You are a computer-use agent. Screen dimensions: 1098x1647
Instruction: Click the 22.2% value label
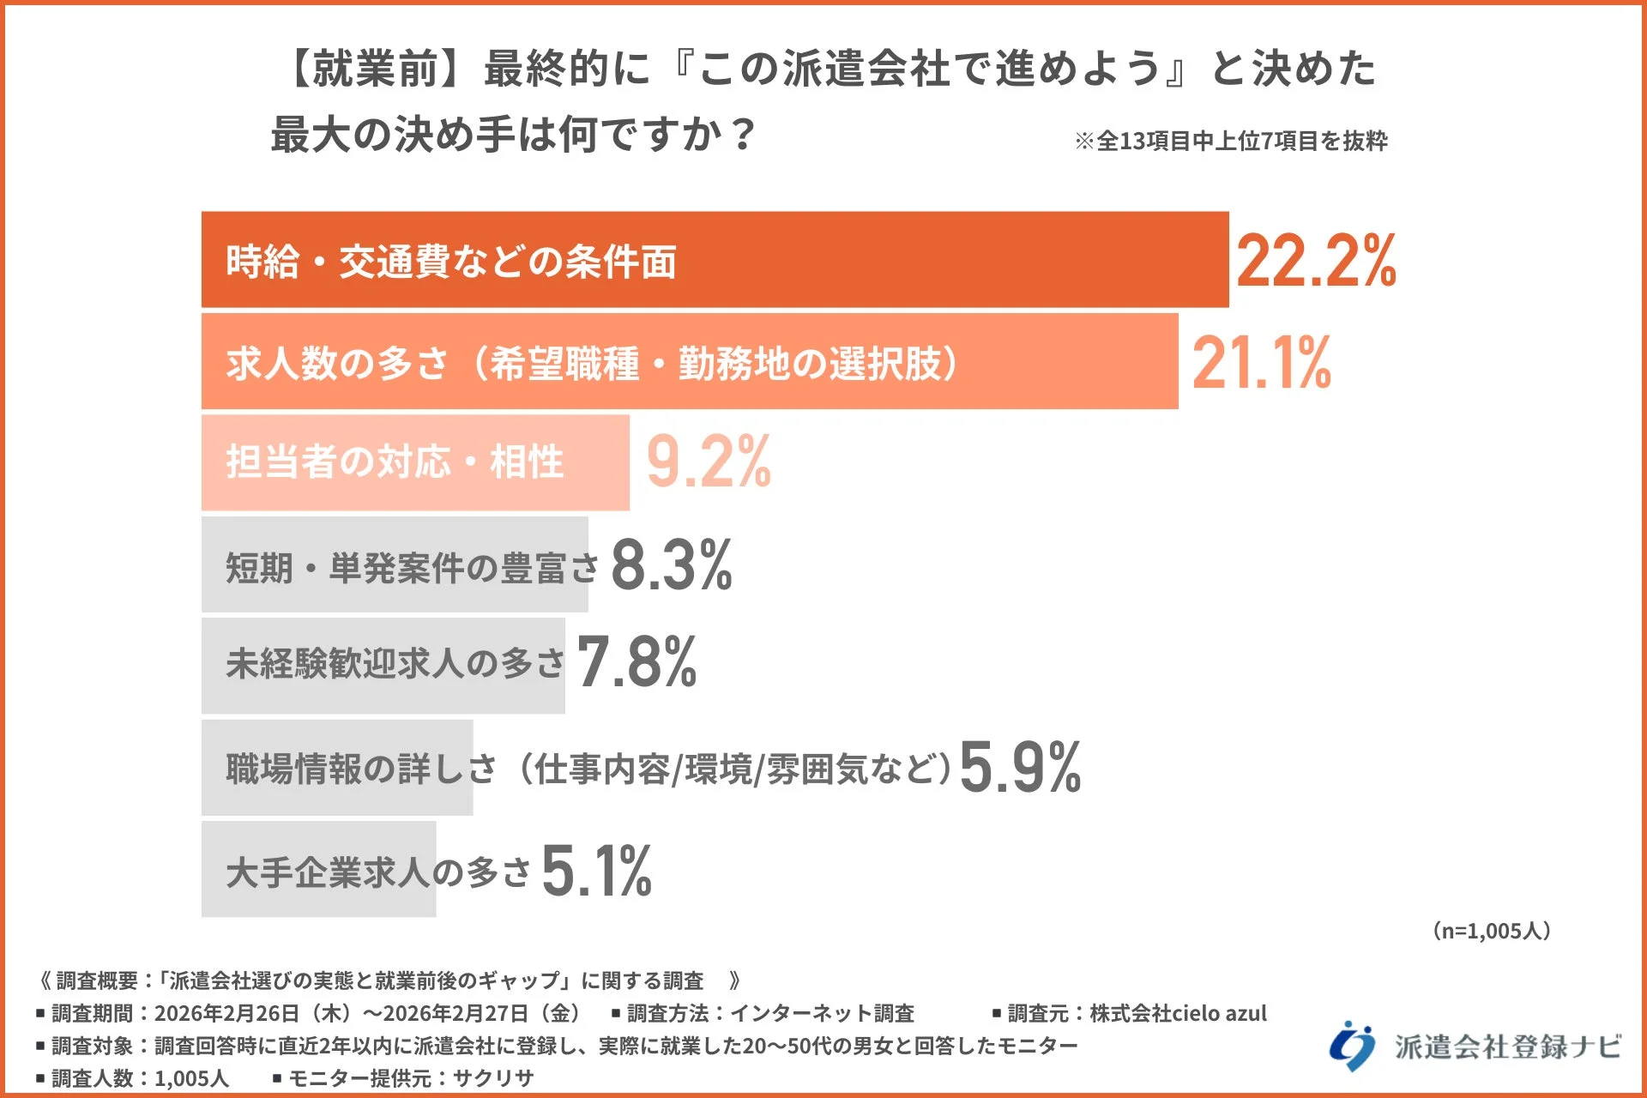[x=1316, y=261]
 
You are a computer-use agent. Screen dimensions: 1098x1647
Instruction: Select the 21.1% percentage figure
[x=1261, y=363]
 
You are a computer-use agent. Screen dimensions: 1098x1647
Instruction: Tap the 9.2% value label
[x=709, y=462]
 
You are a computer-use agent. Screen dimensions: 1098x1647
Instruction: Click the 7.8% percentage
[x=636, y=661]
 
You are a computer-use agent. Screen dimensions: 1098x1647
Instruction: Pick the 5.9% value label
[x=1020, y=767]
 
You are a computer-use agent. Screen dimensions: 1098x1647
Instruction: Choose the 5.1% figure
[x=596, y=871]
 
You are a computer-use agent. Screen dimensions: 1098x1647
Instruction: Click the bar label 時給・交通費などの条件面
[x=451, y=261]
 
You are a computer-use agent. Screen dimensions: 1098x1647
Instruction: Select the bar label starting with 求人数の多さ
[x=592, y=363]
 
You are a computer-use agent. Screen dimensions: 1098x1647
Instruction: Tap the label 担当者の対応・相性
[x=395, y=462]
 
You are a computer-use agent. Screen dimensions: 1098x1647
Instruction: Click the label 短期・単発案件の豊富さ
[x=412, y=567]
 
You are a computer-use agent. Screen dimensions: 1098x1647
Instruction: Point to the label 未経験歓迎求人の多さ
[x=395, y=663]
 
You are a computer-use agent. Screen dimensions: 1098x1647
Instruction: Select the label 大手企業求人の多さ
[x=378, y=872]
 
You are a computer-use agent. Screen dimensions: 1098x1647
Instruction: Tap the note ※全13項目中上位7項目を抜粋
[x=1230, y=141]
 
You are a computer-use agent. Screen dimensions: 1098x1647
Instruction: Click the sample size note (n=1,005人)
[x=1491, y=931]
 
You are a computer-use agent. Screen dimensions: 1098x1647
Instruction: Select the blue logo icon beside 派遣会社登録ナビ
[x=1352, y=1045]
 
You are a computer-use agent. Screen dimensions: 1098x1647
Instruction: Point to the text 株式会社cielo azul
[x=1178, y=1013]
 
